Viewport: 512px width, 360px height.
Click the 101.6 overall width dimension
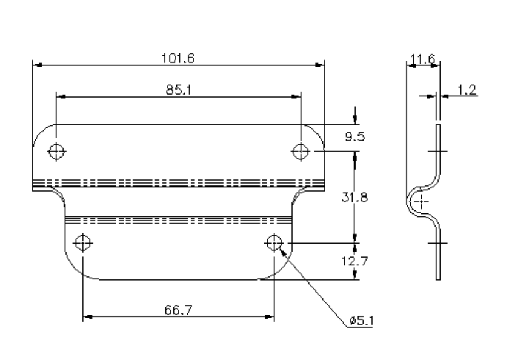(x=178, y=58)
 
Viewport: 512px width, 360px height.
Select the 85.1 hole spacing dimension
(x=178, y=90)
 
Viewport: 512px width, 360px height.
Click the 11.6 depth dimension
(x=421, y=59)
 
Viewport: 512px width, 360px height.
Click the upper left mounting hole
(x=56, y=151)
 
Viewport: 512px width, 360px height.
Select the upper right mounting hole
(x=301, y=151)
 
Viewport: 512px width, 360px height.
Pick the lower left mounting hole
(x=82, y=243)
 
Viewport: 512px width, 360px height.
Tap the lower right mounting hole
(x=273, y=242)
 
